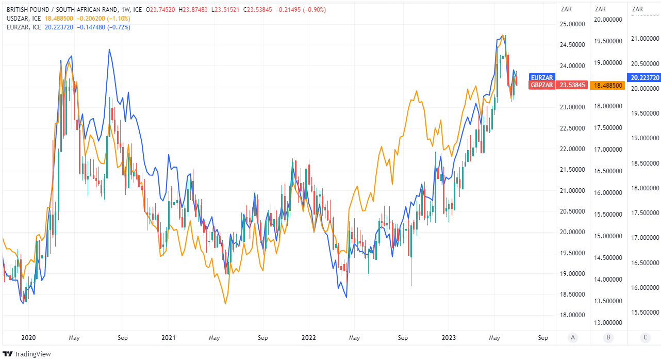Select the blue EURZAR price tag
(x=542, y=77)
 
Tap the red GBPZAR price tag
(x=542, y=85)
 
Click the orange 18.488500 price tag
(x=609, y=85)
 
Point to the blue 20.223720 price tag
(x=643, y=77)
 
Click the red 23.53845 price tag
(x=572, y=85)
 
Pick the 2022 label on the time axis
(x=308, y=338)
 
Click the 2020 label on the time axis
(x=28, y=338)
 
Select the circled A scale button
(x=572, y=338)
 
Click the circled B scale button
(x=608, y=338)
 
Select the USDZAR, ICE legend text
(x=24, y=18)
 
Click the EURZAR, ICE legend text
(x=24, y=27)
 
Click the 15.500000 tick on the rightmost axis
(x=644, y=312)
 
